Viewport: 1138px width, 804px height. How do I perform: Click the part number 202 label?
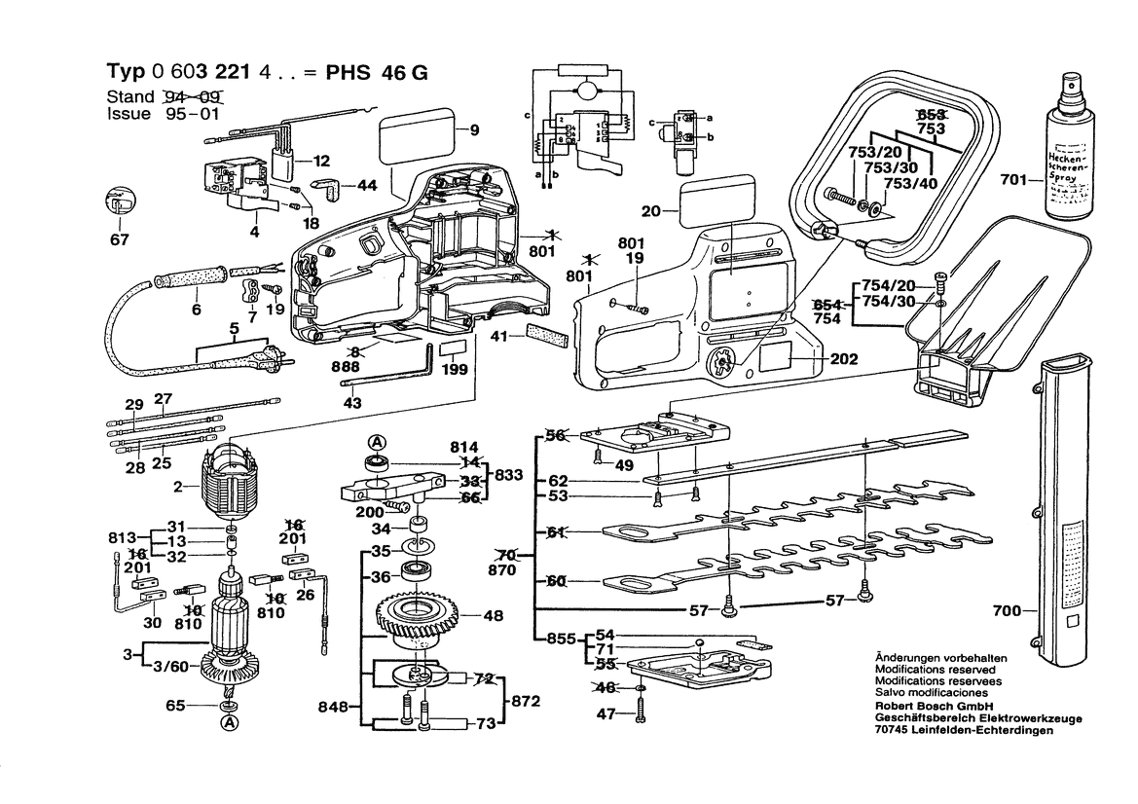845,359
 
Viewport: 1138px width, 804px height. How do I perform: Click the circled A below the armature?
229,722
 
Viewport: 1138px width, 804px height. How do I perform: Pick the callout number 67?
118,240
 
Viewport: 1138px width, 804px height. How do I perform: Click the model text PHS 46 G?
374,74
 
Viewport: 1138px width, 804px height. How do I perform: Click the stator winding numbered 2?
232,482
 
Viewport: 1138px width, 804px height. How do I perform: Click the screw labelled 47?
640,713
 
